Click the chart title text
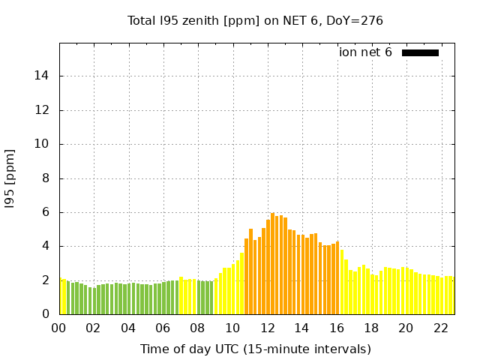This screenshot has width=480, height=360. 255,21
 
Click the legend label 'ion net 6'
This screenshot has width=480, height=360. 365,52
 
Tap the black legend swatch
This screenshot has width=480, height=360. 420,52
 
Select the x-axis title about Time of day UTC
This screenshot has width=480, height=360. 255,349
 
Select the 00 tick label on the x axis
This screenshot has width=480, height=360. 58,328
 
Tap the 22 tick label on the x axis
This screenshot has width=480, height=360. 442,328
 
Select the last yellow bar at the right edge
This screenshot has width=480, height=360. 451,295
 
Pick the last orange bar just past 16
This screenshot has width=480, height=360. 337,278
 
